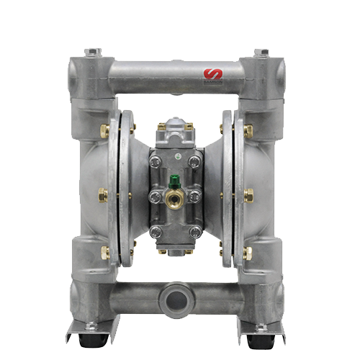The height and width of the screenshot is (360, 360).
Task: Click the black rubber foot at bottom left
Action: [91, 339]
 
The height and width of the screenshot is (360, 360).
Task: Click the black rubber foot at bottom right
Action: [258, 339]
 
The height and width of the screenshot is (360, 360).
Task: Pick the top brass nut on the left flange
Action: [104, 131]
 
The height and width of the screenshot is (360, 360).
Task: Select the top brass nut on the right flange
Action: [248, 131]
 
